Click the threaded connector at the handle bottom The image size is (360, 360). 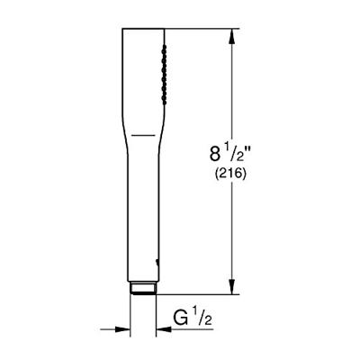[x=142, y=290]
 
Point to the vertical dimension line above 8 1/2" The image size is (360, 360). [x=236, y=90]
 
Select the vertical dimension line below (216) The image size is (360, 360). [x=236, y=234]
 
